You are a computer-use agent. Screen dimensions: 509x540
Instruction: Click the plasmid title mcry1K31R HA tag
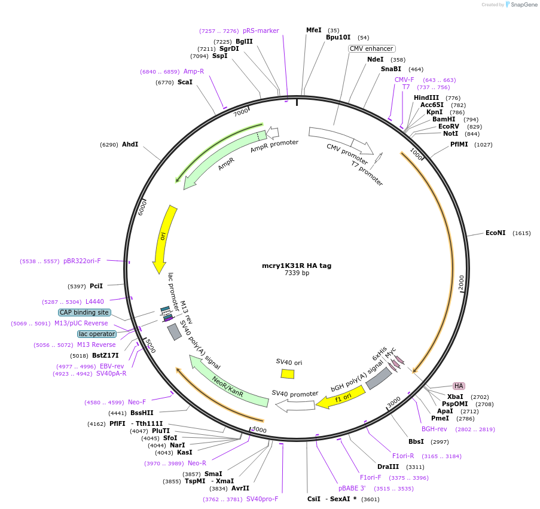pos(296,266)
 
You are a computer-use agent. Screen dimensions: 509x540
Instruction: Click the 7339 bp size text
pos(297,273)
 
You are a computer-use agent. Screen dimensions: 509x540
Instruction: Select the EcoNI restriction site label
pos(495,233)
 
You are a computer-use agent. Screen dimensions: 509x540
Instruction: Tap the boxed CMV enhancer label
pos(371,48)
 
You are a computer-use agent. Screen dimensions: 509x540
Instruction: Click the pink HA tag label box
pos(459,386)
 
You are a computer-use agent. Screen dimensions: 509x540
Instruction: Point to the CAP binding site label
pos(84,312)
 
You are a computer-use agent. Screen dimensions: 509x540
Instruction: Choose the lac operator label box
pos(96,334)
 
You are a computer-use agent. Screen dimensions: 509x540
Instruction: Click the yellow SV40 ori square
pos(288,373)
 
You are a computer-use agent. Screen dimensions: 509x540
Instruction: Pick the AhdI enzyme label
pos(130,144)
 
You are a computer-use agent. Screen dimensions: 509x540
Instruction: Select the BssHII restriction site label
pos(142,413)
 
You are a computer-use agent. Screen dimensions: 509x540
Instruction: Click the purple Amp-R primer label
pos(194,71)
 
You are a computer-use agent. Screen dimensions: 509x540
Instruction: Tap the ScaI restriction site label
pos(185,82)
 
